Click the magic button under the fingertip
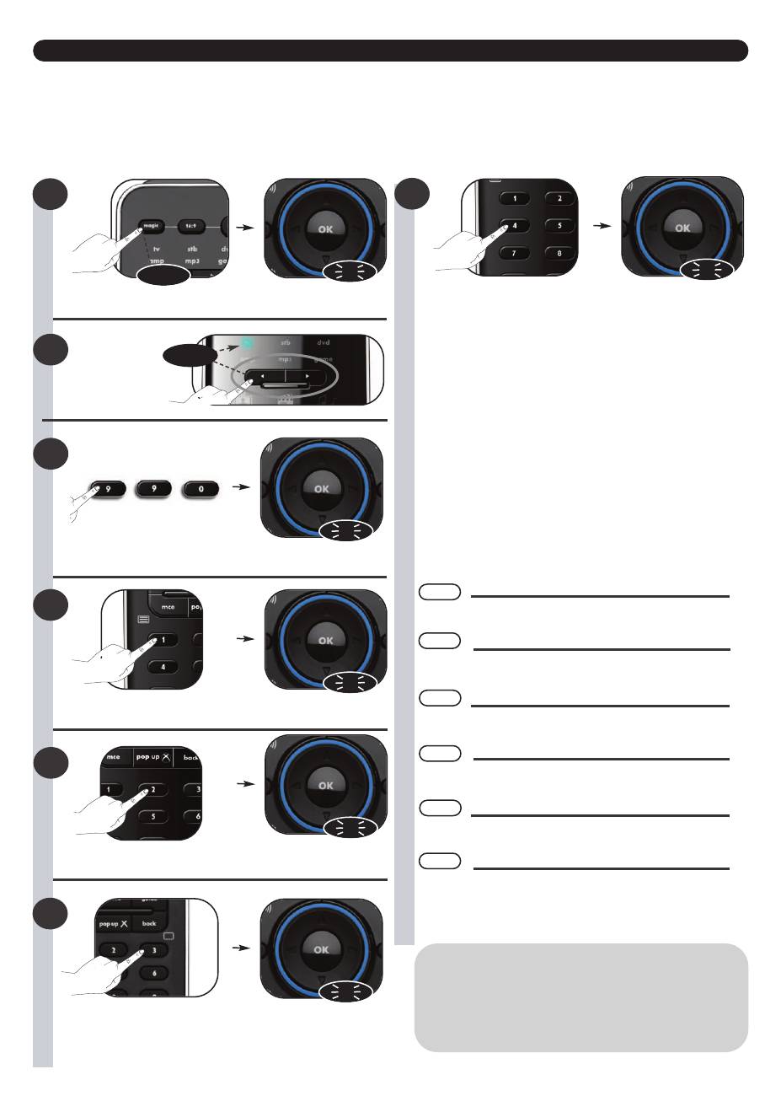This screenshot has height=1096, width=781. click(152, 225)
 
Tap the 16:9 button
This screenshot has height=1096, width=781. click(191, 226)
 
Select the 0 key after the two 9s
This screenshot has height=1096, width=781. click(202, 487)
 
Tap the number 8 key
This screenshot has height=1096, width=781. click(559, 252)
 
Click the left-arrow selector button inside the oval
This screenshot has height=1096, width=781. click(263, 375)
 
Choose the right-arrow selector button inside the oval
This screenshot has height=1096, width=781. click(306, 375)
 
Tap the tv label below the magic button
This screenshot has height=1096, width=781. click(156, 250)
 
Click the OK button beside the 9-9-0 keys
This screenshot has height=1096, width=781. click(321, 487)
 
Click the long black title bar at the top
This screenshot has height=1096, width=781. click(390, 51)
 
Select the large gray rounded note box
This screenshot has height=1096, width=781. click(580, 997)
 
